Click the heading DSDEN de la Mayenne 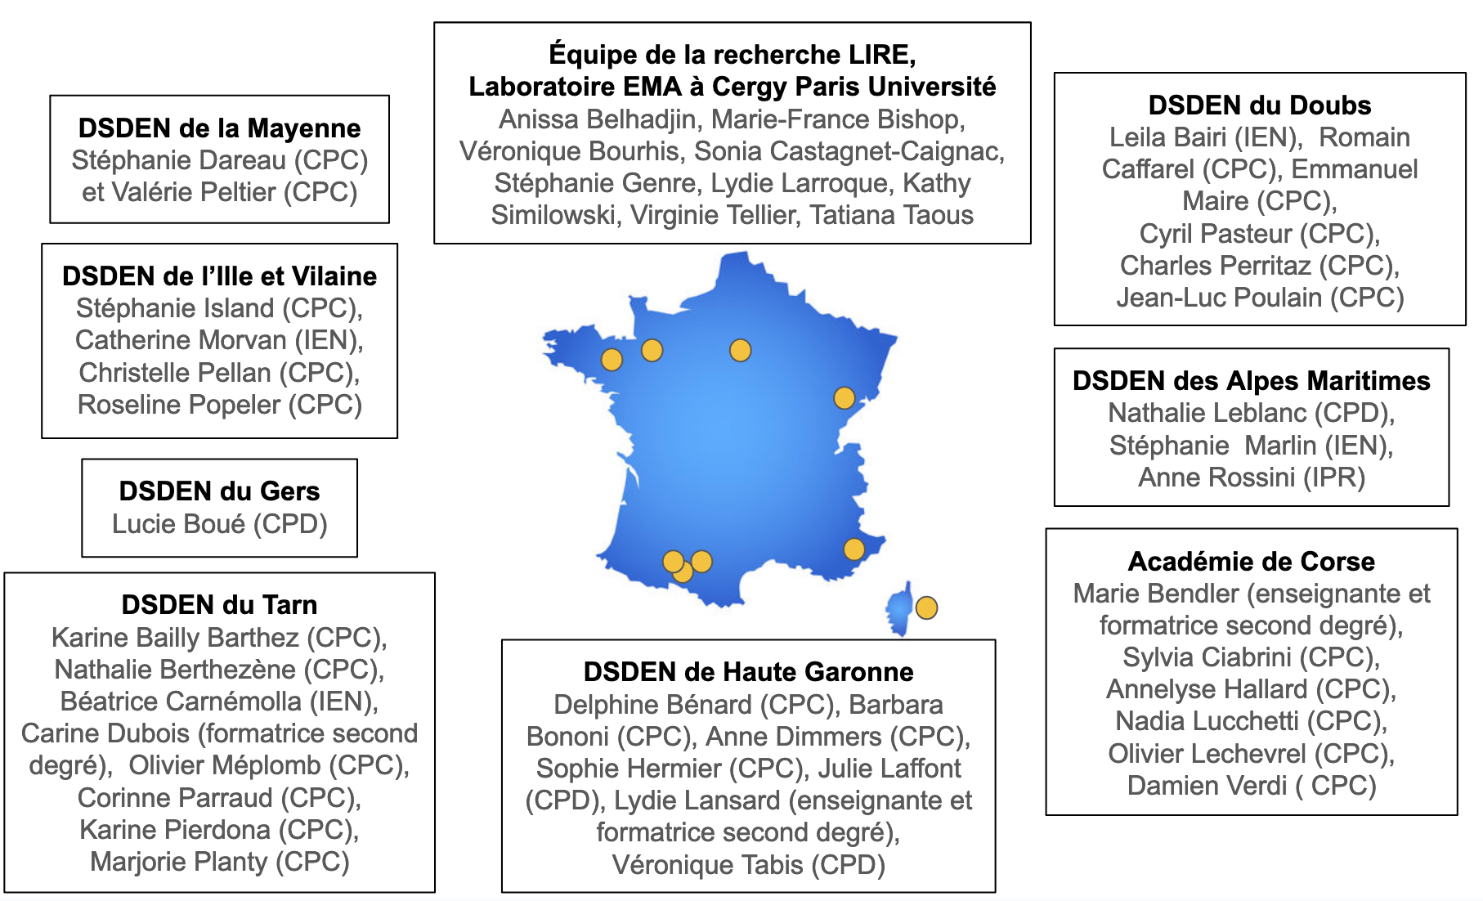point(219,128)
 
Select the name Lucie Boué point(178,524)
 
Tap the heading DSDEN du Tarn point(219,605)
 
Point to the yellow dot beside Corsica point(926,607)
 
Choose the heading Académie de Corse point(1251,562)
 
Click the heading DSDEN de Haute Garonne point(748,672)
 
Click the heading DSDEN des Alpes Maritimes point(1251,381)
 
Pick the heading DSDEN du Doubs point(1259,105)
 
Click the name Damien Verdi point(1206,786)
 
